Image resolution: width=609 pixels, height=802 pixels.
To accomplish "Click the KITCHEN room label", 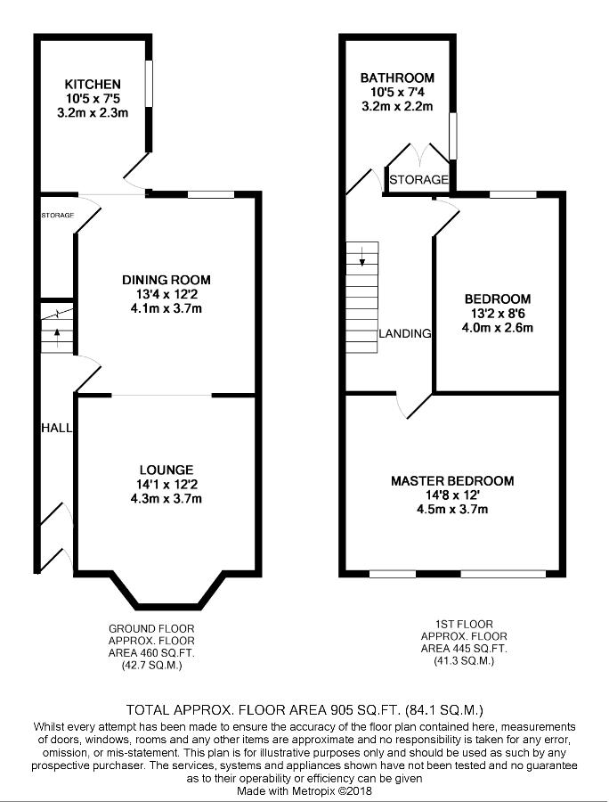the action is (x=93, y=85).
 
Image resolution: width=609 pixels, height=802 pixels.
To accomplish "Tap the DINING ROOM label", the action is (x=166, y=280).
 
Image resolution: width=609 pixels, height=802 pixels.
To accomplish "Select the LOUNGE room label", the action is (x=166, y=470).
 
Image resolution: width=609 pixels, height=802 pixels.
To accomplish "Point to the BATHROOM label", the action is (x=397, y=78).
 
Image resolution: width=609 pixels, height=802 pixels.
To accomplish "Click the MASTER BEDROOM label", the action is (x=452, y=481).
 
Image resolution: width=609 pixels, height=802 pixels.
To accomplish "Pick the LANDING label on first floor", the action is (x=405, y=333).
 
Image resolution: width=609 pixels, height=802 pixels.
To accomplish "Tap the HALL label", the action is (x=56, y=428).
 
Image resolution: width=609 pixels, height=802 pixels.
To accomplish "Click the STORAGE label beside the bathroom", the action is (x=418, y=179).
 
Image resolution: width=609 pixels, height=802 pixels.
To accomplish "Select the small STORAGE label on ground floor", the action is (x=58, y=216).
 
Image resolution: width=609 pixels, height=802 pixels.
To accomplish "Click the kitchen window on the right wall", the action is (x=149, y=84).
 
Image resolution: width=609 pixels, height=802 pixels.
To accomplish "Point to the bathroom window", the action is (x=452, y=136).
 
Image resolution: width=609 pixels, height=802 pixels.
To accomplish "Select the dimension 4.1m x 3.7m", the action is (x=166, y=308).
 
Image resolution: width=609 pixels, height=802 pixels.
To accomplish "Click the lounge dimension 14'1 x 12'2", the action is (x=166, y=484).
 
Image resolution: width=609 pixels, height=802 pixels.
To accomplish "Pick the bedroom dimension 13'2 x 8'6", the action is (x=498, y=313).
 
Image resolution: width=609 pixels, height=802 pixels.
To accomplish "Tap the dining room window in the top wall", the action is (x=210, y=194).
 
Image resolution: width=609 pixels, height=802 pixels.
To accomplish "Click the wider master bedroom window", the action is (x=503, y=574).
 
